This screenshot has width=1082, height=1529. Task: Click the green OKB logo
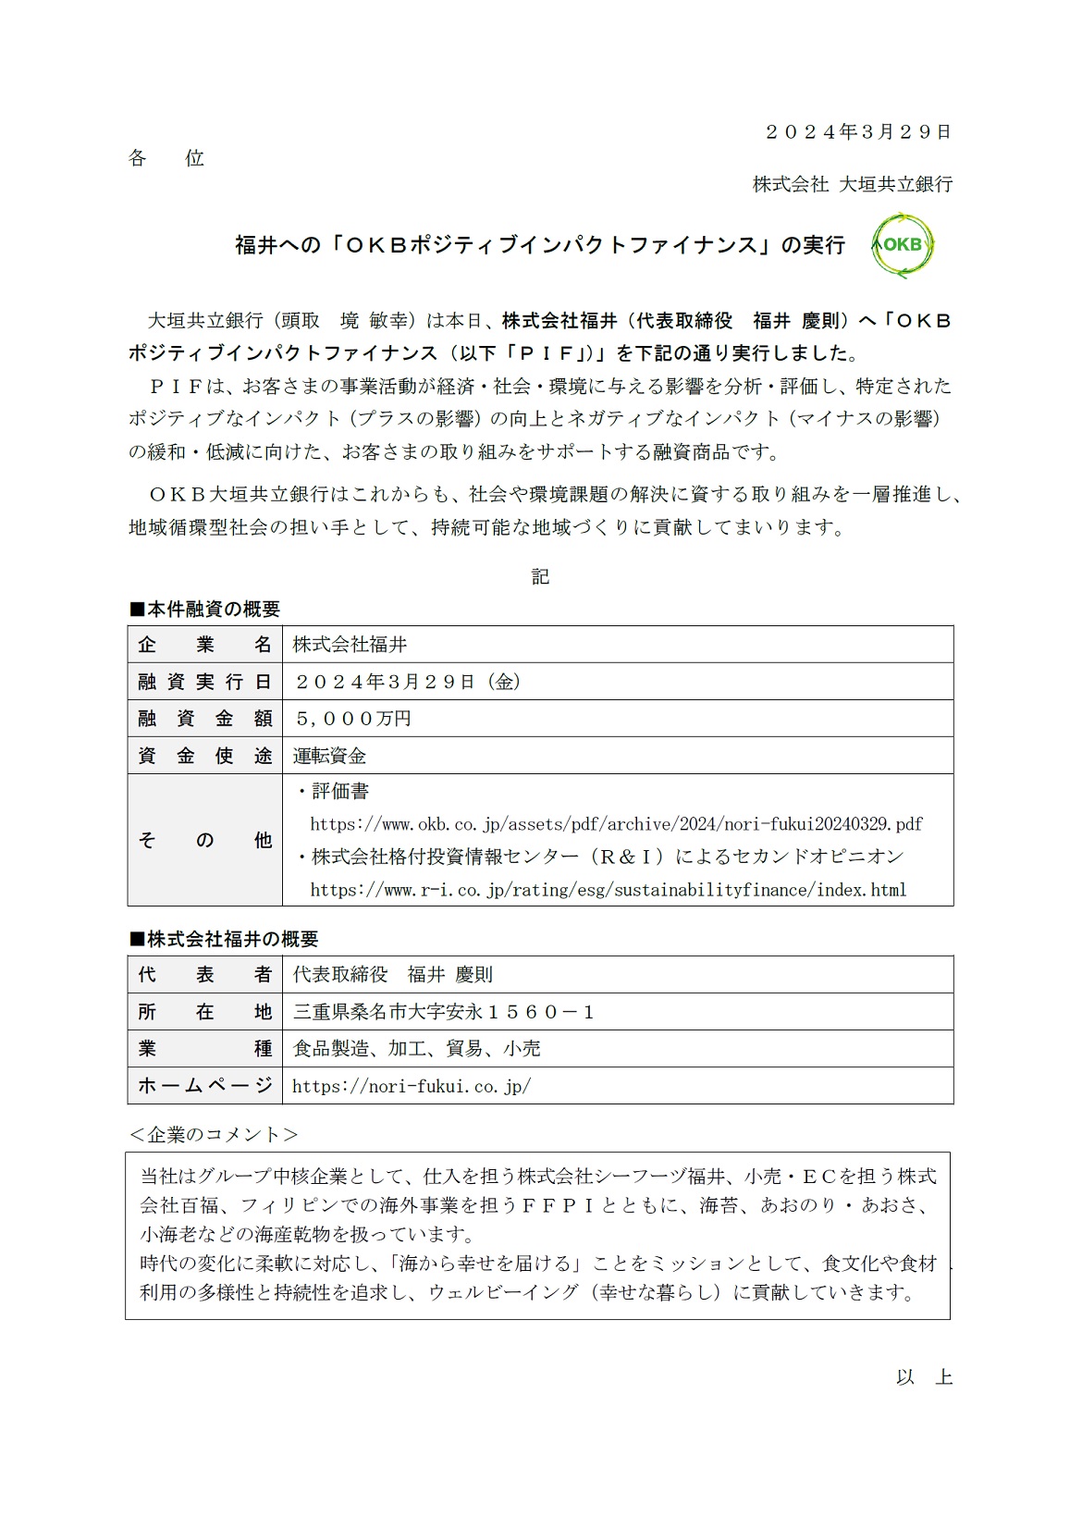[904, 245]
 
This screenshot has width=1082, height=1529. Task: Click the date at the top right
[857, 132]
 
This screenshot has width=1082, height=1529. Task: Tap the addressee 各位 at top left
[166, 158]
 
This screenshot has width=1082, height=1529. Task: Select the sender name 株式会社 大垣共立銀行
[852, 184]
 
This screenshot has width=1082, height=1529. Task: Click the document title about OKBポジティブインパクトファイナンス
[540, 245]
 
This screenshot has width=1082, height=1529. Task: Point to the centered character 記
[540, 577]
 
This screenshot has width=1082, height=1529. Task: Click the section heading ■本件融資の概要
[204, 610]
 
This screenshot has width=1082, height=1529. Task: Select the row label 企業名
[204, 645]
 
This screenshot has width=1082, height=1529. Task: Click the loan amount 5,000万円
[352, 719]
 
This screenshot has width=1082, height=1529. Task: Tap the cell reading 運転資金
[330, 756]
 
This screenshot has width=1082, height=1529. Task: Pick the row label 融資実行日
[204, 682]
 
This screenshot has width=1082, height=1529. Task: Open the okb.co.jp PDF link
[616, 824]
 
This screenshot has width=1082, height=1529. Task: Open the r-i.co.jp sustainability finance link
[609, 890]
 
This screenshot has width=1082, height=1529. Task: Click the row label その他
[204, 840]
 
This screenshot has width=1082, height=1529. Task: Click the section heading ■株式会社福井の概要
[223, 939]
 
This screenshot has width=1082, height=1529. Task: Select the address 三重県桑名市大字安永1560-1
[444, 1012]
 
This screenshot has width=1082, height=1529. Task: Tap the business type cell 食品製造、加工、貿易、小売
[417, 1049]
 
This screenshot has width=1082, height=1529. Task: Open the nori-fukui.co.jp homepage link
[412, 1087]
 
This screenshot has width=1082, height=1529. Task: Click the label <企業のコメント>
[214, 1135]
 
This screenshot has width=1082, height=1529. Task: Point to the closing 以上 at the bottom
[924, 1377]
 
